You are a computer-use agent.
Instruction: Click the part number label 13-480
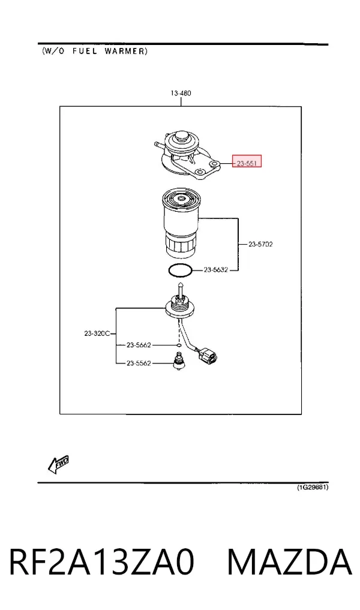181,94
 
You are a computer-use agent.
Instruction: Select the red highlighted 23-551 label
247,161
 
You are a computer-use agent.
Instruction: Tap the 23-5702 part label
260,244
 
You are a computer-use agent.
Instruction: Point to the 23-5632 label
215,269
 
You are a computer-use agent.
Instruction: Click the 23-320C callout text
97,333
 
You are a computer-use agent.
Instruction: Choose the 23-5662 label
139,345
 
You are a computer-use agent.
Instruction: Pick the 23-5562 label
139,363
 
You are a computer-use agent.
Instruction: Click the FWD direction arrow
58,464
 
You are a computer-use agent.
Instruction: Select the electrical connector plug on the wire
207,355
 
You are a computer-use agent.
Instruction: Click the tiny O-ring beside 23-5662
178,345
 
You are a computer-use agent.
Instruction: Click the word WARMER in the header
126,51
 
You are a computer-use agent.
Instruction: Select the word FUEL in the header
85,51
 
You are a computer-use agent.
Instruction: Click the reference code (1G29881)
313,488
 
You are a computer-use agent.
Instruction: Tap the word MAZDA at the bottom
290,561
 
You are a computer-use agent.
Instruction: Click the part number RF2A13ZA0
101,561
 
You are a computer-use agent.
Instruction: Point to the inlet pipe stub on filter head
158,145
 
